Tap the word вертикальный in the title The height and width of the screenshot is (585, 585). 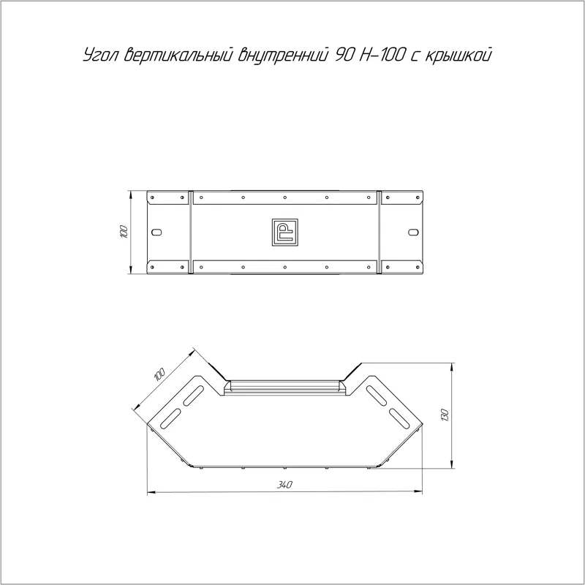pyautogui.click(x=178, y=55)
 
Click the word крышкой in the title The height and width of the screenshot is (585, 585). pyautogui.click(x=458, y=55)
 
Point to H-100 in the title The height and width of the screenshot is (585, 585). pyautogui.click(x=381, y=55)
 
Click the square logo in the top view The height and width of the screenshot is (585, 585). pyautogui.click(x=285, y=232)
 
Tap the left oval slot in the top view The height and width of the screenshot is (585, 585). pyautogui.click(x=156, y=232)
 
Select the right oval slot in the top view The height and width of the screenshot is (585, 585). pyautogui.click(x=413, y=232)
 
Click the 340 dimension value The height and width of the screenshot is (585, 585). pyautogui.click(x=284, y=485)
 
